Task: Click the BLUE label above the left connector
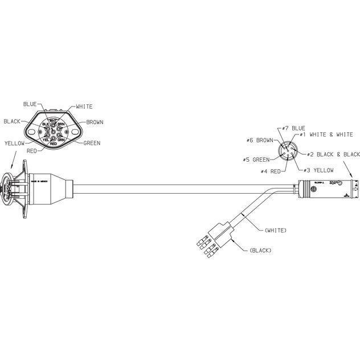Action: pos(30,104)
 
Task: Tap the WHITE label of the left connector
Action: pos(84,107)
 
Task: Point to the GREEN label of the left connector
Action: pos(92,142)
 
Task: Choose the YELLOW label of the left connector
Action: pos(14,144)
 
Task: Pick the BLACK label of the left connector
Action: pos(13,121)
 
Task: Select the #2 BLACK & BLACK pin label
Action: pos(333,154)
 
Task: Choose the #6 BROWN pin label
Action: pos(259,140)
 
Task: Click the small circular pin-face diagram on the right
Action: pos(287,152)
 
